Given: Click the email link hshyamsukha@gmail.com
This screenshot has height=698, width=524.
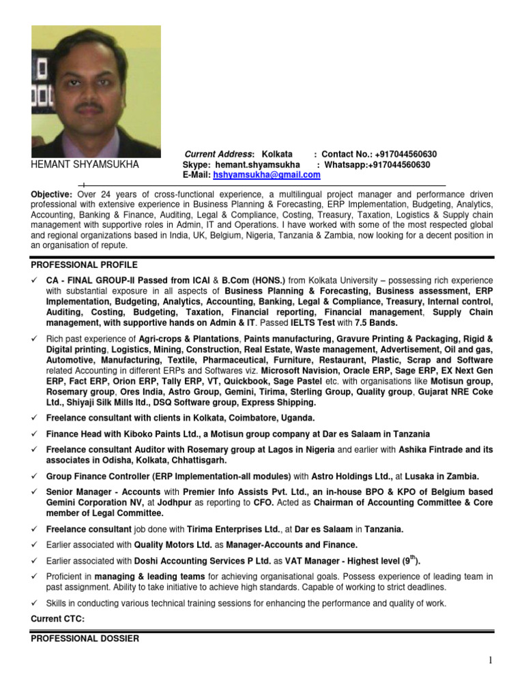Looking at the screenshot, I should pos(267,175).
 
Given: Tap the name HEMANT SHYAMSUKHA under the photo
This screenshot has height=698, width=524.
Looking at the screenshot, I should pos(85,165).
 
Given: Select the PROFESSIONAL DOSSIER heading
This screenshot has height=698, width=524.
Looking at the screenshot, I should pos(85,639).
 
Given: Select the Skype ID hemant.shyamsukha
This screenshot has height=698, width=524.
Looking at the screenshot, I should pos(257,165).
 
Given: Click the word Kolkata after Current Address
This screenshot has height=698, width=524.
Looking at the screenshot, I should pos(277,155).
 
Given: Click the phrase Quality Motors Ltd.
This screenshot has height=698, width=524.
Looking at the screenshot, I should pos(169,545).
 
